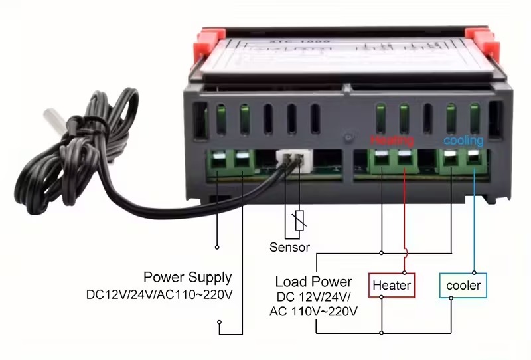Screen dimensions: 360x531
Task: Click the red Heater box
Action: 392,286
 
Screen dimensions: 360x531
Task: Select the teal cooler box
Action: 463,286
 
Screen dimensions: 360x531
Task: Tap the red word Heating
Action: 392,141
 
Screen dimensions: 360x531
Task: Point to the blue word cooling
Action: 463,141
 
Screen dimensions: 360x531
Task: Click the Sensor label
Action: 289,248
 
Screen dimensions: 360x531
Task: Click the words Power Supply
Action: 188,278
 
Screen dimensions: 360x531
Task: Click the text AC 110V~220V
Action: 314,311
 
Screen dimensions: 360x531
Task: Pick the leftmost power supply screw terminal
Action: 218,160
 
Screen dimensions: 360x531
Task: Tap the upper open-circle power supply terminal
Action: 217,247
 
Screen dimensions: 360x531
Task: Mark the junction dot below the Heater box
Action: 381,298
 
